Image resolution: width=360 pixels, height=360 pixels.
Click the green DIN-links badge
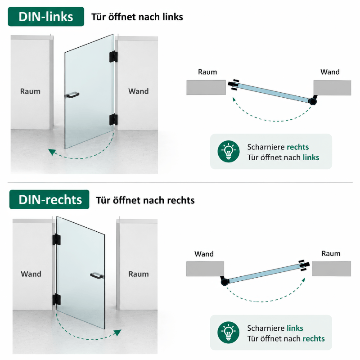[46, 17]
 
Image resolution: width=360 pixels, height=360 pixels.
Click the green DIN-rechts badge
[49, 199]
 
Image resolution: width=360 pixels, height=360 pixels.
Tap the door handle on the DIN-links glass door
[72, 95]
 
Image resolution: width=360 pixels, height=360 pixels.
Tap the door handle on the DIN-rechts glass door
[97, 275]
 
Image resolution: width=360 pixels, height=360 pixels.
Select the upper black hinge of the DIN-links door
[113, 57]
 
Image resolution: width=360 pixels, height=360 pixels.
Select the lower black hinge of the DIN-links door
[113, 119]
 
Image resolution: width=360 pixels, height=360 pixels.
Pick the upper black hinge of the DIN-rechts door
[57, 239]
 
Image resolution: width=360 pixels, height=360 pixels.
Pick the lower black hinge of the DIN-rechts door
[57, 299]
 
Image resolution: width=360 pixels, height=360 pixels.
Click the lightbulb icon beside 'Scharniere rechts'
[229, 151]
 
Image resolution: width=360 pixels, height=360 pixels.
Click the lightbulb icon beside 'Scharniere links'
[229, 333]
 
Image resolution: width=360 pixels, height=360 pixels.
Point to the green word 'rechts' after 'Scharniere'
[298, 147]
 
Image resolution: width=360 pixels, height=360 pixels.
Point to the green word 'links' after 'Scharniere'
[295, 328]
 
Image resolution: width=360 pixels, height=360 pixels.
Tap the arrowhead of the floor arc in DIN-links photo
[52, 152]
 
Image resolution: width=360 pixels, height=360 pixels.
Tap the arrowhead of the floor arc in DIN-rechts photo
[117, 333]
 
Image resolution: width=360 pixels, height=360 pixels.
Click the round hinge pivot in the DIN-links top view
[312, 101]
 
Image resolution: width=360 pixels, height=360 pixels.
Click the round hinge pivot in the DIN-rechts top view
[225, 282]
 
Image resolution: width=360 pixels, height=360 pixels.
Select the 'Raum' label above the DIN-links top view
[207, 72]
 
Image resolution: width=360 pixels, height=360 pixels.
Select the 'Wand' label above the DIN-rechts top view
[204, 254]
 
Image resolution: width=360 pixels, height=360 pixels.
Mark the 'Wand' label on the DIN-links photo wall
[139, 91]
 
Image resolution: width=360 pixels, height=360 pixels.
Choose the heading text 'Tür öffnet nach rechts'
[145, 200]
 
